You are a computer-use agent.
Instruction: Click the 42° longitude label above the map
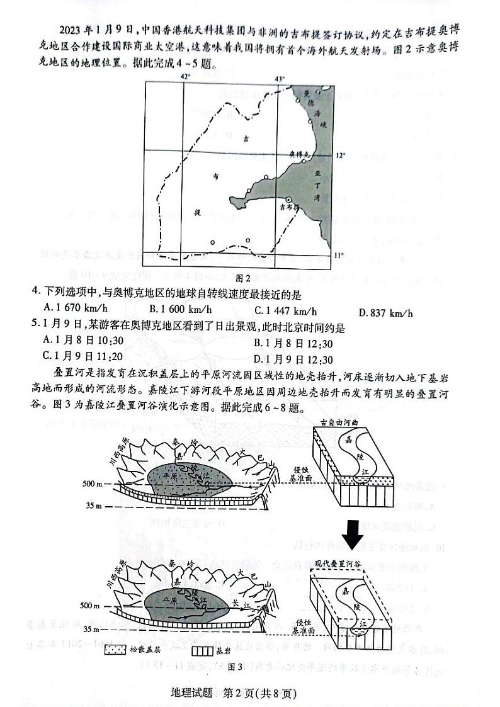coord(185,77)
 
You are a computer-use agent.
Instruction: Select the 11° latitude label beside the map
coord(339,255)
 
